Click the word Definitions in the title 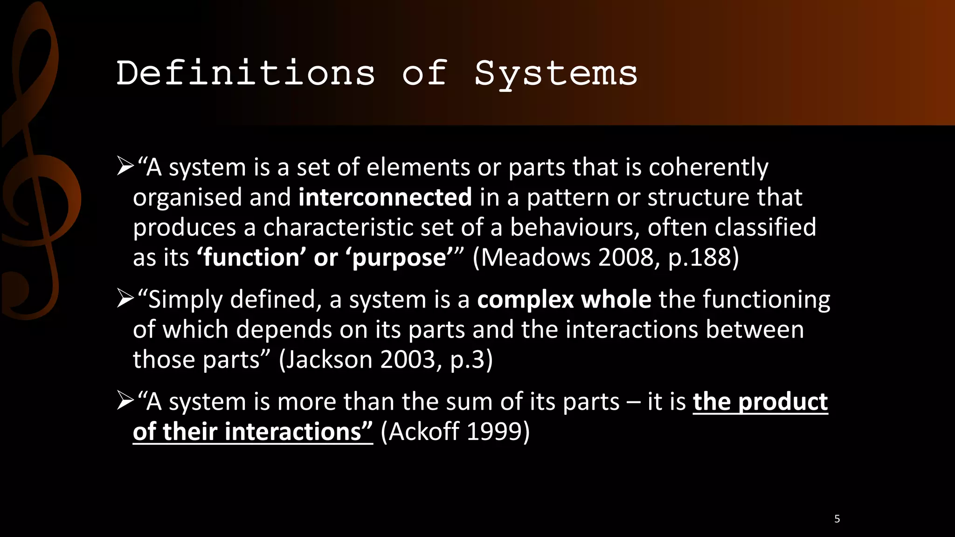coord(246,73)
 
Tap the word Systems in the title coord(556,73)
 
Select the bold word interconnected coord(385,197)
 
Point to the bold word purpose coord(399,258)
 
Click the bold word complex coord(525,300)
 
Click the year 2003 coord(408,359)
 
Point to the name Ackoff coord(424,432)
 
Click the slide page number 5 coord(837,519)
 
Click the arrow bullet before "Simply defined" coord(125,299)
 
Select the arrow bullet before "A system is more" coord(125,401)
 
